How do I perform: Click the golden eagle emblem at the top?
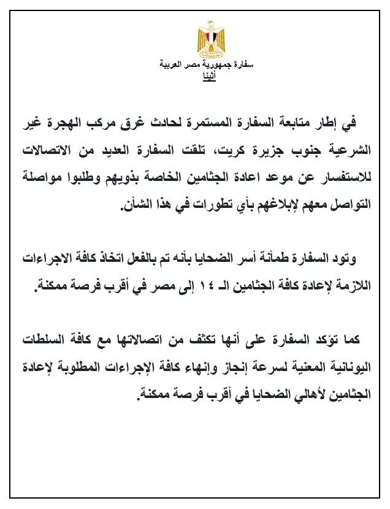pyautogui.click(x=210, y=39)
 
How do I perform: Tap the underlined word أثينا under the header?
pyautogui.click(x=209, y=76)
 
